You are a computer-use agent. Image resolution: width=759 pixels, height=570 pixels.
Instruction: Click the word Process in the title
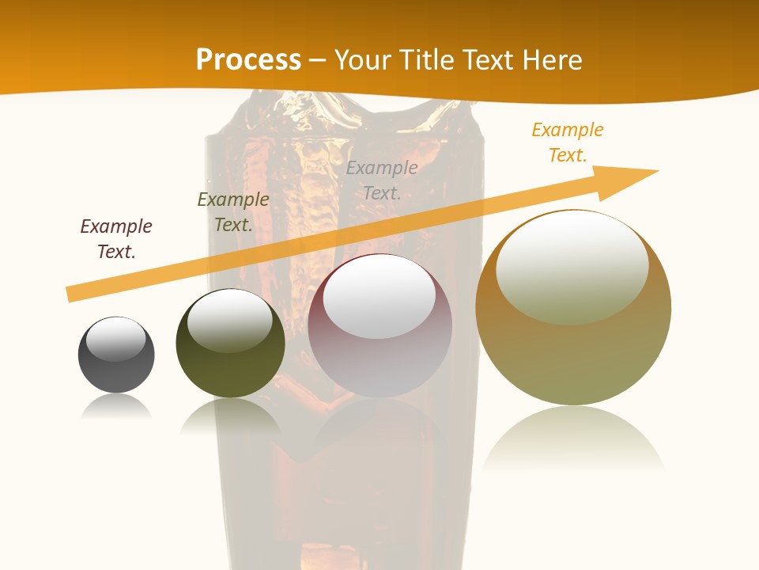[x=248, y=59]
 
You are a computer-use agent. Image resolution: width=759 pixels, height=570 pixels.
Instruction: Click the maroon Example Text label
[x=116, y=239]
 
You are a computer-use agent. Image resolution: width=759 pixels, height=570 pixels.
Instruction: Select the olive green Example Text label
[x=233, y=212]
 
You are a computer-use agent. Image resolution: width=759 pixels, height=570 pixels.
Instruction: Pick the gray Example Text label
[x=382, y=180]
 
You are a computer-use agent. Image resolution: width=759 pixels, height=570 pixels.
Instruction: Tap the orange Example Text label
[x=568, y=142]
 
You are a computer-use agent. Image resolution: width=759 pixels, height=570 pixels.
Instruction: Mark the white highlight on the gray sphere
[x=116, y=339]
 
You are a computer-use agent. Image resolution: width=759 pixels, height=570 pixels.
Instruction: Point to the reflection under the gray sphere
[x=116, y=407]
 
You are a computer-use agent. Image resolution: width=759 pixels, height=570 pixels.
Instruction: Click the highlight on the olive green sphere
[x=230, y=320]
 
